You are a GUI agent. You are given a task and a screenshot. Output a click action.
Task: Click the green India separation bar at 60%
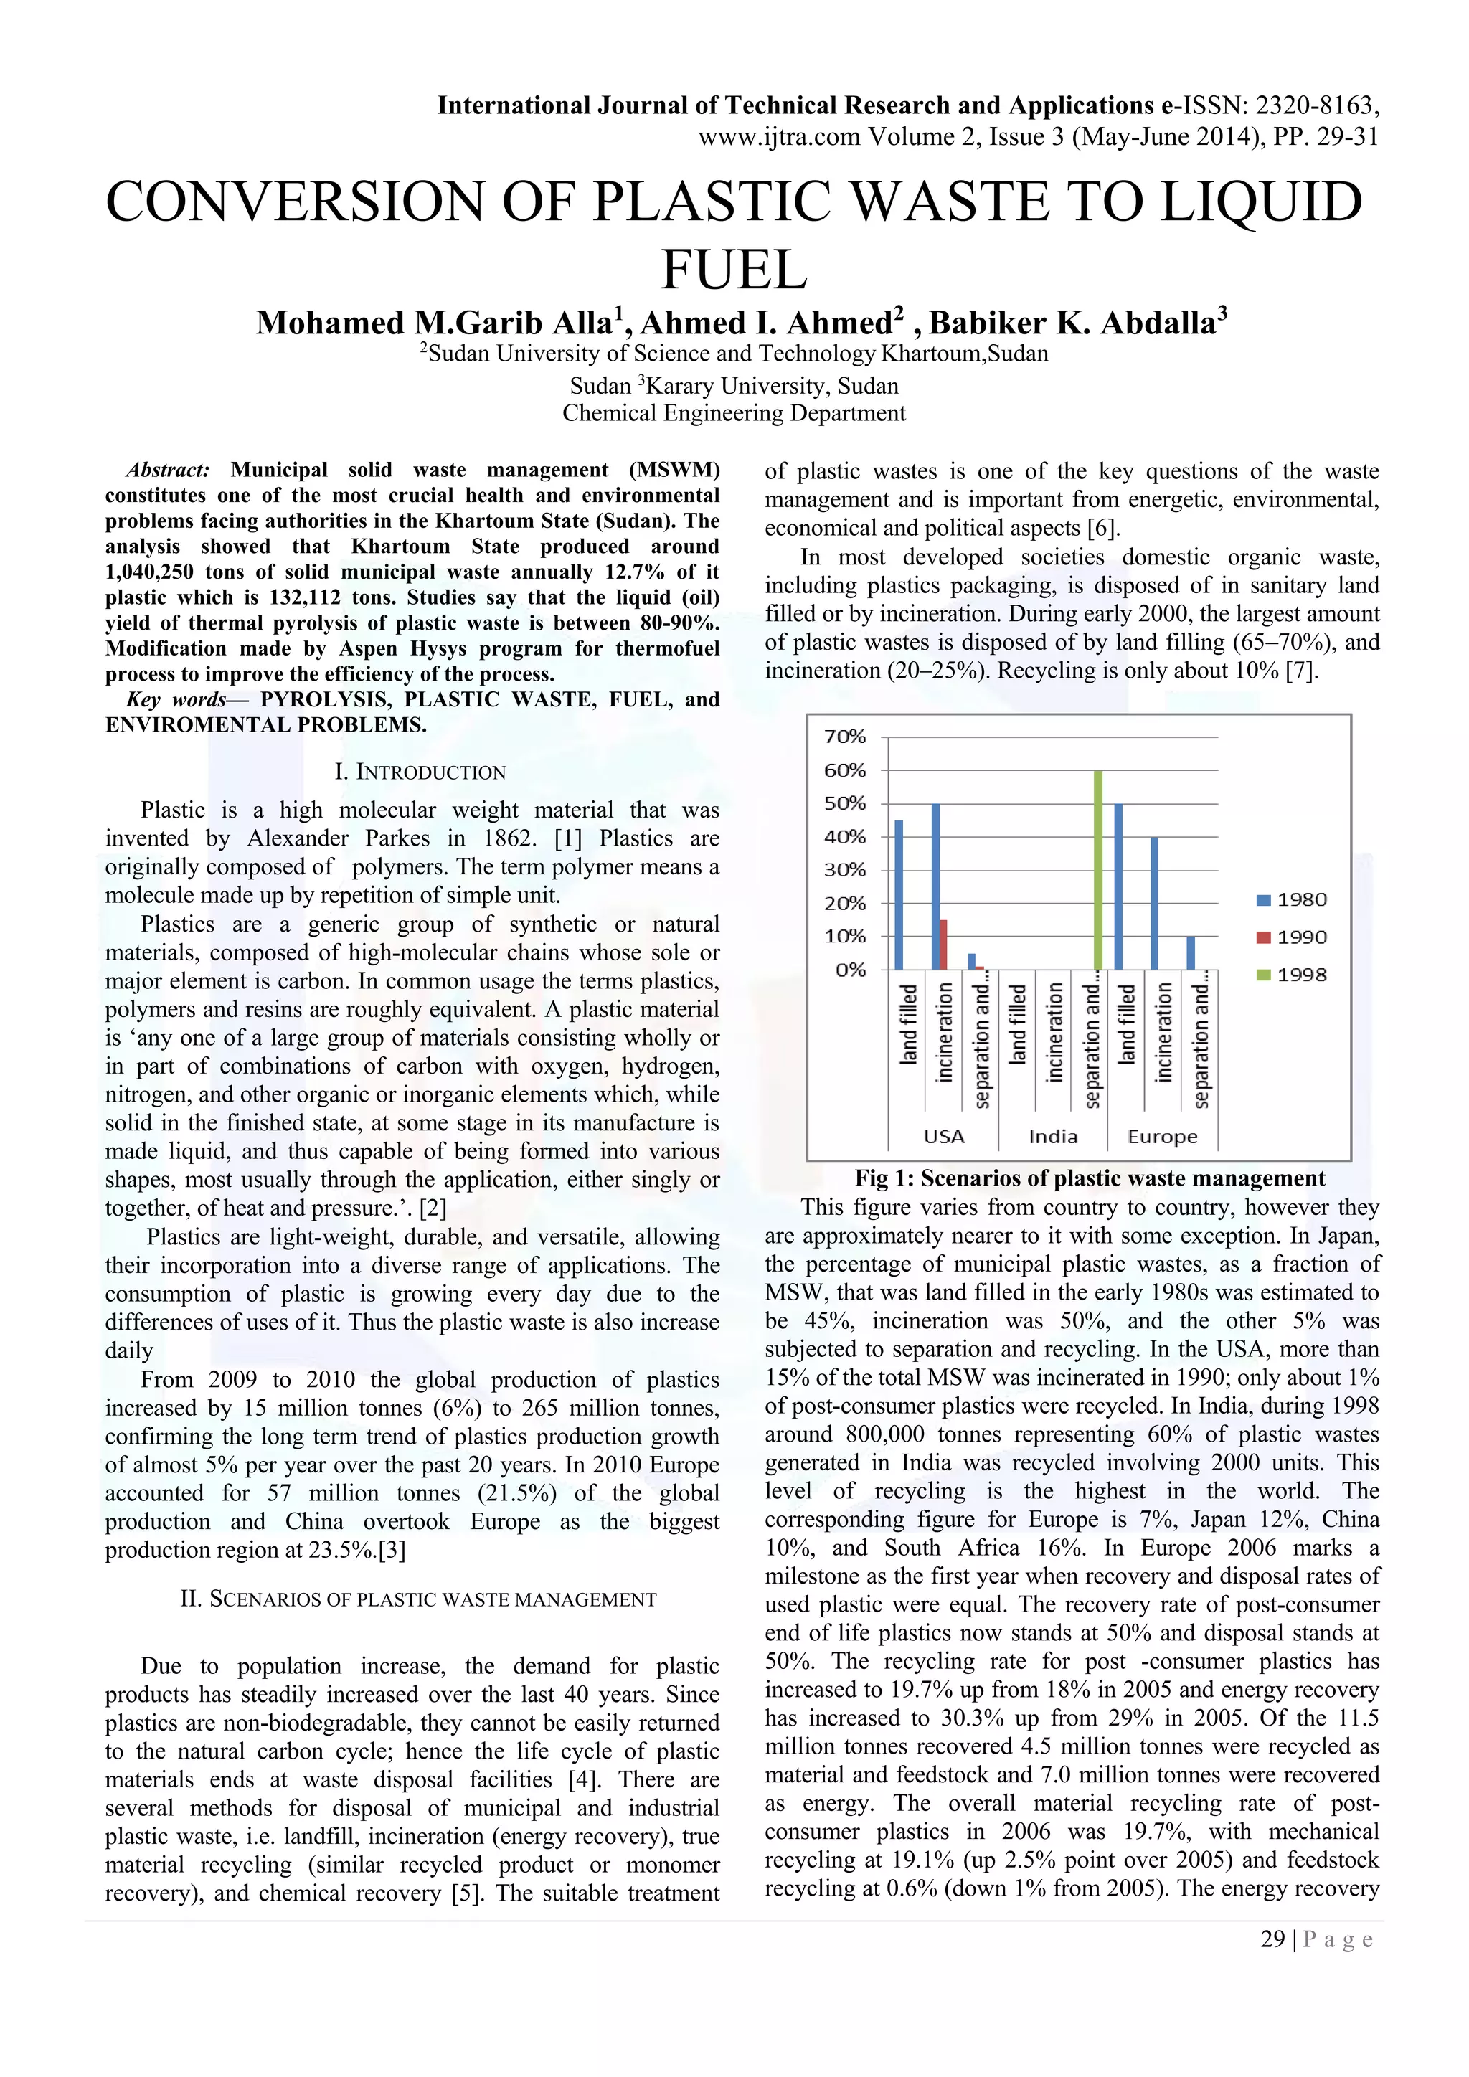[x=1098, y=870]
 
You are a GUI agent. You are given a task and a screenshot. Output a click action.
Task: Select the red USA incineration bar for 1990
[x=943, y=945]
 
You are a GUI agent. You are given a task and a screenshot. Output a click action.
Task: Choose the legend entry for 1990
[x=1292, y=937]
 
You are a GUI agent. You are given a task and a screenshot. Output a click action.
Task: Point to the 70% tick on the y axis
[x=845, y=737]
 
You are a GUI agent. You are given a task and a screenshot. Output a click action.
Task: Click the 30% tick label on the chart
[x=845, y=869]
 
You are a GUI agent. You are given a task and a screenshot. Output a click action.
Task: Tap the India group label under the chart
[x=1053, y=1136]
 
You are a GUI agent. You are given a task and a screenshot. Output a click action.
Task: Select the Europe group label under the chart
[x=1162, y=1136]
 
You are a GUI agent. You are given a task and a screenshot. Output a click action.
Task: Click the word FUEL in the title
[x=734, y=270]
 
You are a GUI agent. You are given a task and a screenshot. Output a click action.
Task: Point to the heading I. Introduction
[x=420, y=772]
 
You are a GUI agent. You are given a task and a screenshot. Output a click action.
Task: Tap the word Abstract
[x=167, y=470]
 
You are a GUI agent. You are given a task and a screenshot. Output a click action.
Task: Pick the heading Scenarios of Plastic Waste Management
[x=419, y=1599]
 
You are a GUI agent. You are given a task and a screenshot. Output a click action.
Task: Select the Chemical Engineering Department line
[x=734, y=413]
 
